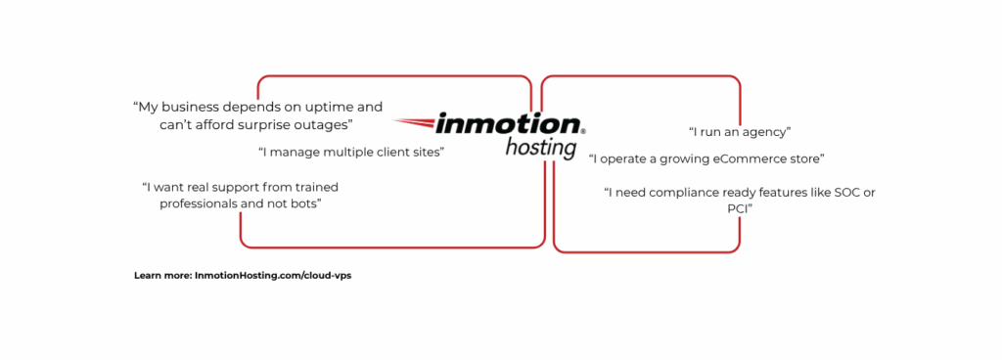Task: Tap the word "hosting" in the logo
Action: pyautogui.click(x=541, y=148)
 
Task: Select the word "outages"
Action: pyautogui.click(x=324, y=125)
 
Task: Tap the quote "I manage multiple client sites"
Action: pyautogui.click(x=351, y=153)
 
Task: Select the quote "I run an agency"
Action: pyautogui.click(x=740, y=132)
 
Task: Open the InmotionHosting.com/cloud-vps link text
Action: pyautogui.click(x=273, y=276)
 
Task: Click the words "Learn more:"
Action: pyautogui.click(x=162, y=276)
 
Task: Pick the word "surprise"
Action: pyautogui.click(x=269, y=126)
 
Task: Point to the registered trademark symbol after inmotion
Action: pyautogui.click(x=583, y=129)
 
